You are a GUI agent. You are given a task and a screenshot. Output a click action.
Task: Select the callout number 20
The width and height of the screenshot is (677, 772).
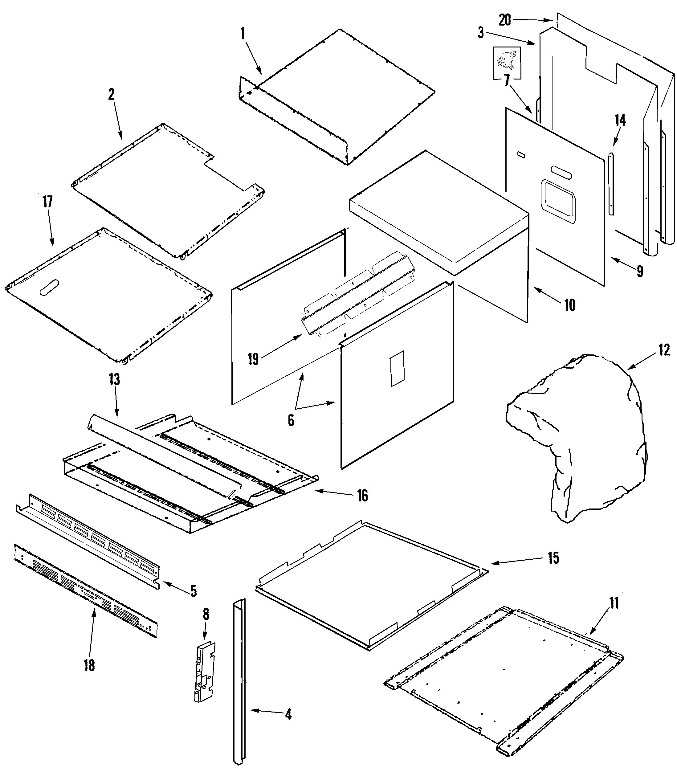504,20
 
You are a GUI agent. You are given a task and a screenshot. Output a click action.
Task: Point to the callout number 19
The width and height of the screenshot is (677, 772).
253,359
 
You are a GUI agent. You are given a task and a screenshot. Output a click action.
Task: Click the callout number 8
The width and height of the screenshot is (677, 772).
206,615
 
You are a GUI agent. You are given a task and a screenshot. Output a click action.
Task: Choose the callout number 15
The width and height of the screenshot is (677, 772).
553,558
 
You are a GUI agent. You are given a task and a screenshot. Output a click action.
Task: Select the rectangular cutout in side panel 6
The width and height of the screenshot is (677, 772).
397,368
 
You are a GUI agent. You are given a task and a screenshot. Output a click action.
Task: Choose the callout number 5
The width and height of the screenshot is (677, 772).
193,591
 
